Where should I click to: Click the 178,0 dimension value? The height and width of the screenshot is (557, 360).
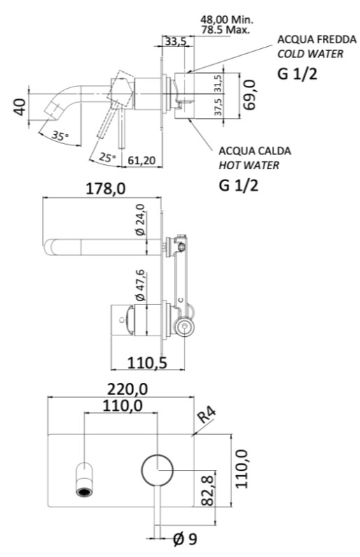pos(106,189)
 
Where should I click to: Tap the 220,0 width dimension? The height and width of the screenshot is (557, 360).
pos(128,389)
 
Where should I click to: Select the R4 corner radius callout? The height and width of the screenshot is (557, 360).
pos(206,415)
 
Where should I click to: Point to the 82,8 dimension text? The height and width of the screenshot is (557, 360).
pos(207,489)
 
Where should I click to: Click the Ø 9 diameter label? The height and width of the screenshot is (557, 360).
pos(185,540)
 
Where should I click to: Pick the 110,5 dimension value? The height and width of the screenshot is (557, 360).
pos(147,363)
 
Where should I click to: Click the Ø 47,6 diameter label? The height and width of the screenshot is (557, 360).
pos(141,285)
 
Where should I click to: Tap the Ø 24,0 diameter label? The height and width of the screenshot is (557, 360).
pos(140,219)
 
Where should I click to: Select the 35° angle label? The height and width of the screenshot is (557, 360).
pos(59,136)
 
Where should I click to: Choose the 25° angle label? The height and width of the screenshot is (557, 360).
pos(108,157)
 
